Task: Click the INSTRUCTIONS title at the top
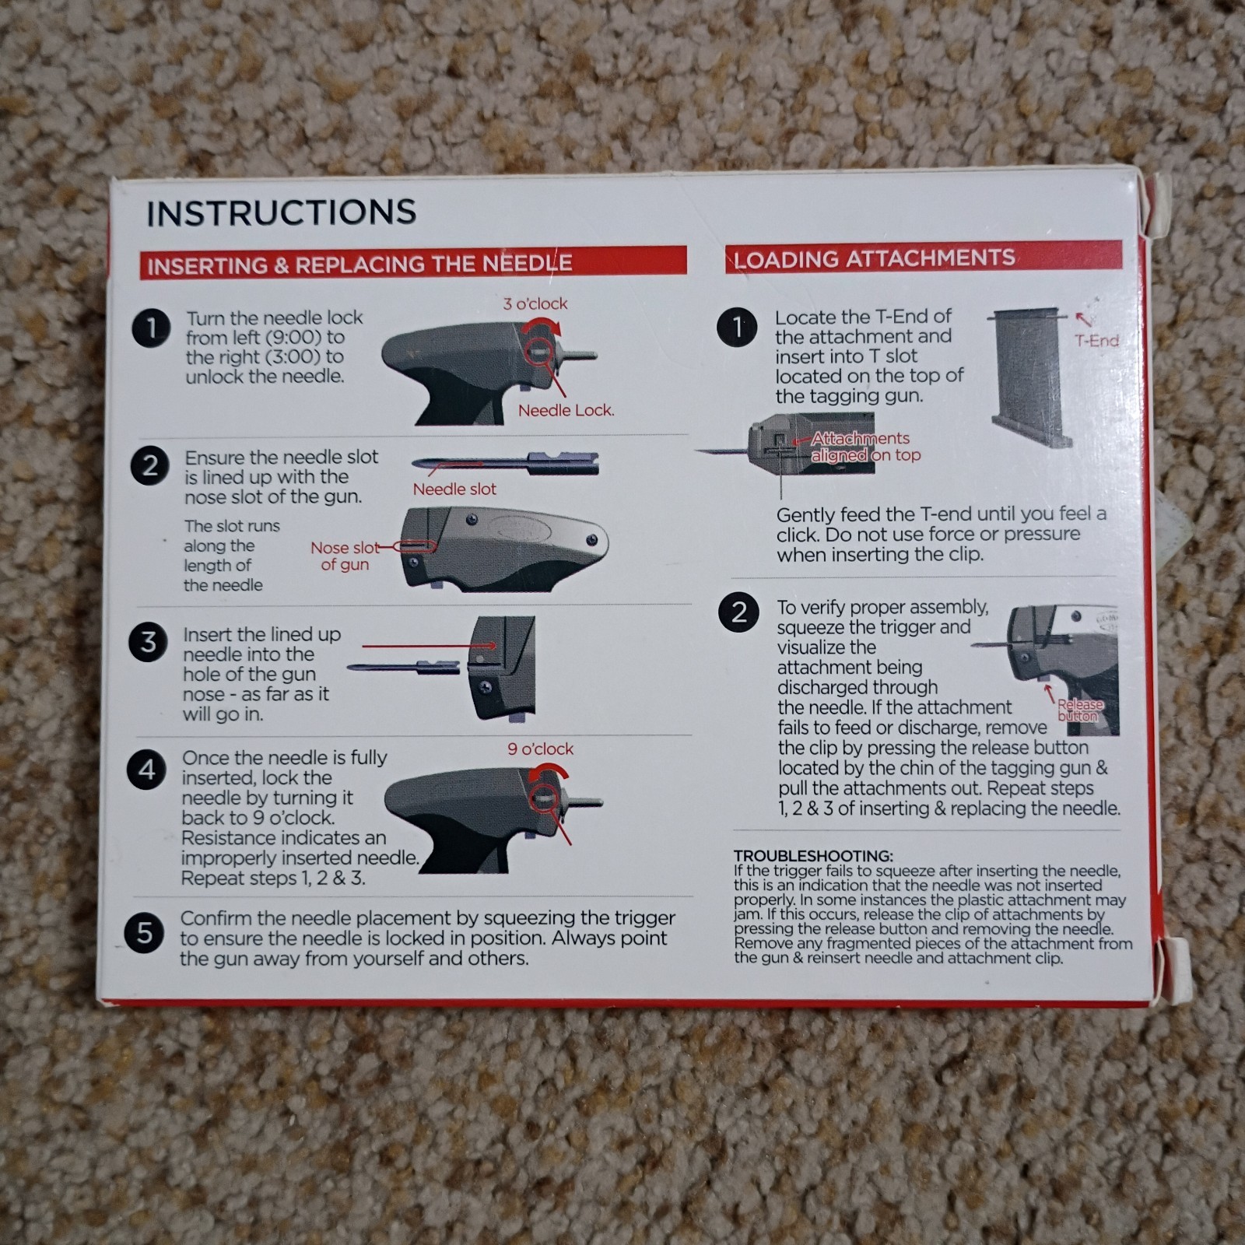(281, 212)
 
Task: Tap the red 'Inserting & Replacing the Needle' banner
(412, 263)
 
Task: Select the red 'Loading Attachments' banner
(923, 258)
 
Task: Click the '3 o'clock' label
(535, 303)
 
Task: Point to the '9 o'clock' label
(540, 749)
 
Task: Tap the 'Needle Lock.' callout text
(566, 410)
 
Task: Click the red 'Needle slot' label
(454, 489)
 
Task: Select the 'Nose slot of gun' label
(345, 556)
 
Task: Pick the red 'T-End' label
(1096, 340)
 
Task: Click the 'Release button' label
(1080, 710)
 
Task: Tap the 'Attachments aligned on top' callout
(864, 447)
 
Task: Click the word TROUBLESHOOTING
(813, 856)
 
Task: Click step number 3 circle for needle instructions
(148, 643)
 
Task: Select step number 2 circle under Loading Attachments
(738, 612)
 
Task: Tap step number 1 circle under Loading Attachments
(738, 328)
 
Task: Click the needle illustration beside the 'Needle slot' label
(506, 464)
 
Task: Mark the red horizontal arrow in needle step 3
(428, 646)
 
